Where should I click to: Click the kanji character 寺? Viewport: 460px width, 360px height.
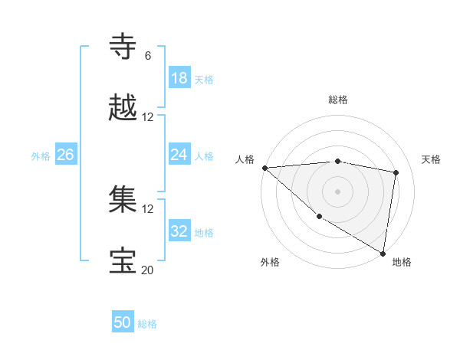pyautogui.click(x=123, y=47)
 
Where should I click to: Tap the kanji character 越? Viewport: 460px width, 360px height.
pyautogui.click(x=123, y=108)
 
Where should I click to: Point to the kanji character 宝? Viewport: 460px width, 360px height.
pyautogui.click(x=123, y=261)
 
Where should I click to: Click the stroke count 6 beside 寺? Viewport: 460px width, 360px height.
pyautogui.click(x=147, y=56)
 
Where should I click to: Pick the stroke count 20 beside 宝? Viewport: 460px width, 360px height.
pyautogui.click(x=147, y=270)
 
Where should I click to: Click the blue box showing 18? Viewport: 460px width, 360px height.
pyautogui.click(x=179, y=78)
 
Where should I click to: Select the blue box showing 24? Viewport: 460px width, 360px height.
pyautogui.click(x=179, y=155)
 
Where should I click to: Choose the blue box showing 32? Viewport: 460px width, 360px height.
pyautogui.click(x=179, y=231)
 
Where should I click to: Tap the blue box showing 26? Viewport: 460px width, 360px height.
pyautogui.click(x=65, y=155)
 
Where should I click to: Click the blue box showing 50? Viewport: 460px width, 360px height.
pyautogui.click(x=123, y=322)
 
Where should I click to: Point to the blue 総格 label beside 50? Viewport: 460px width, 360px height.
pyautogui.click(x=147, y=324)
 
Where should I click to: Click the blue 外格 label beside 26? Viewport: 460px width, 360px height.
pyautogui.click(x=41, y=156)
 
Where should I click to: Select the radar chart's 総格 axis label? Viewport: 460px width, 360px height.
pyautogui.click(x=337, y=100)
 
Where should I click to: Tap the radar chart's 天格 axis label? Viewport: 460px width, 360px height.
pyautogui.click(x=431, y=159)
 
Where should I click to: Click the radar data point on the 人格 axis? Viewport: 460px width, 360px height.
pyautogui.click(x=264, y=168)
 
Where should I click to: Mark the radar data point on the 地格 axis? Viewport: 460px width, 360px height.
pyautogui.click(x=383, y=253)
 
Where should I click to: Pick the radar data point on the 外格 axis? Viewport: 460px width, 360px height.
pyautogui.click(x=319, y=216)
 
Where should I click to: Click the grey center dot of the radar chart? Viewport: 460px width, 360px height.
pyautogui.click(x=337, y=191)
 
